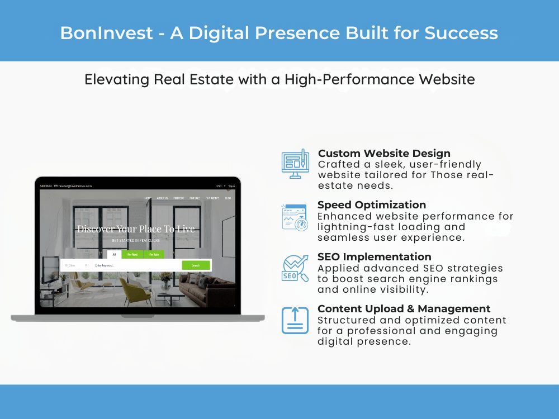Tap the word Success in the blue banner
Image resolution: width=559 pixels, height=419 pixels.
click(x=461, y=32)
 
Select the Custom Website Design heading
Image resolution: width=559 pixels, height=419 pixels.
click(x=384, y=153)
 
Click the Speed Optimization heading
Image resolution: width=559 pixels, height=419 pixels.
click(x=372, y=205)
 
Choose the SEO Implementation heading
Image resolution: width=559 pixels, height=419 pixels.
click(x=374, y=257)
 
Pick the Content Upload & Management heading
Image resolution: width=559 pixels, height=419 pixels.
click(x=404, y=309)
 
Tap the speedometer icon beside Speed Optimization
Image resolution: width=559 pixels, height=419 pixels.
click(x=295, y=217)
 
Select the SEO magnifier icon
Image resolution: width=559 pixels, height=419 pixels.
click(x=295, y=268)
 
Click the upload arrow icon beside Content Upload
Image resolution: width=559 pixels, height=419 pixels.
click(x=295, y=321)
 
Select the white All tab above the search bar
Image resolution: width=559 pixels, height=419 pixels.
click(x=115, y=254)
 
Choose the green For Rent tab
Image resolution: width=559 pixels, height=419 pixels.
click(x=133, y=254)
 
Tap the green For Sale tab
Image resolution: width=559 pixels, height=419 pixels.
click(x=153, y=254)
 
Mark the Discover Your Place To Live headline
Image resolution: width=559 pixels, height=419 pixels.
click(x=136, y=229)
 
